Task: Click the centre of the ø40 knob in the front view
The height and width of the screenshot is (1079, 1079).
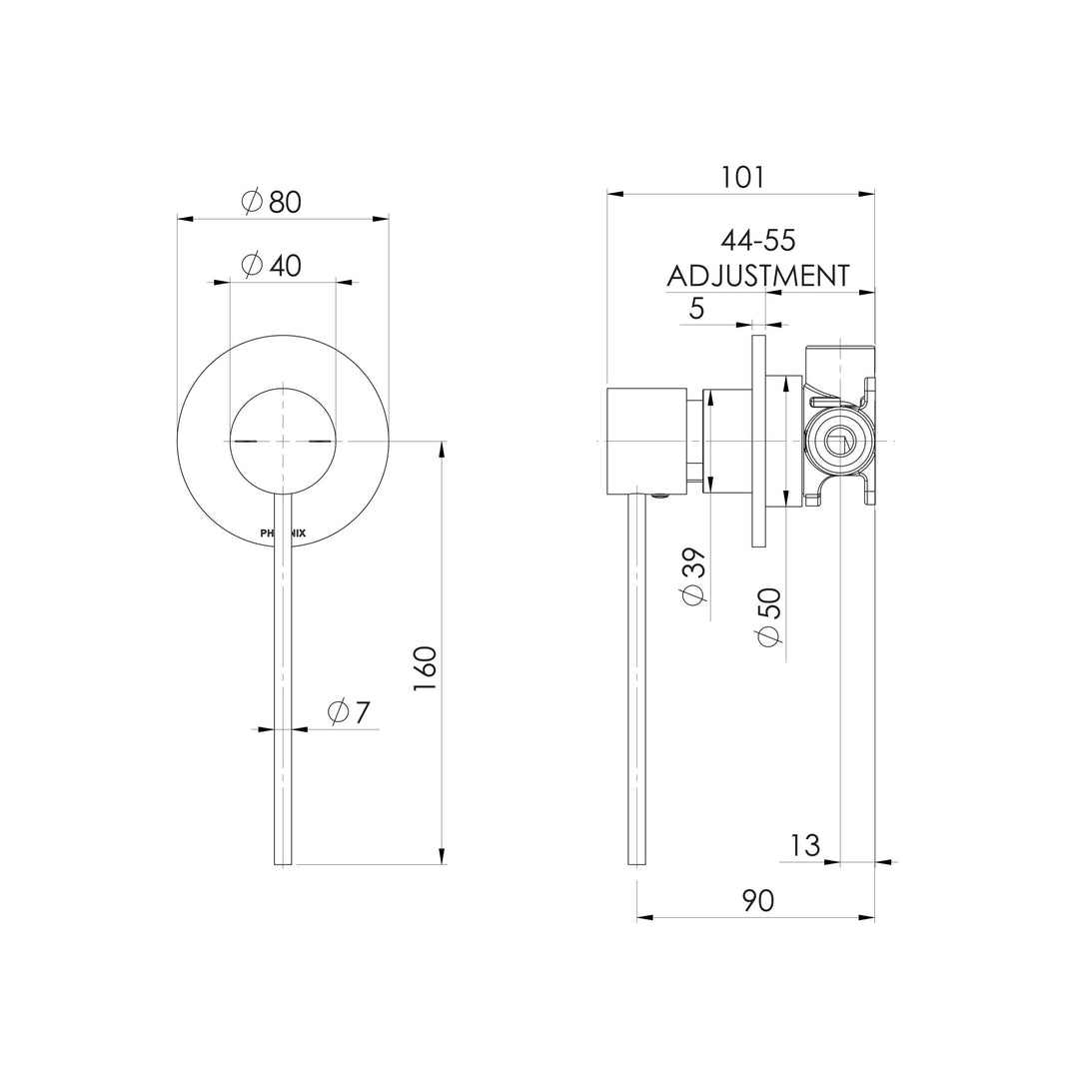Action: pyautogui.click(x=283, y=441)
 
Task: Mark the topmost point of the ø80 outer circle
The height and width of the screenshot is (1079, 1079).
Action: pyautogui.click(x=283, y=334)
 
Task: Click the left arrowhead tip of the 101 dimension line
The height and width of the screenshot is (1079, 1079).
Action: pyautogui.click(x=607, y=195)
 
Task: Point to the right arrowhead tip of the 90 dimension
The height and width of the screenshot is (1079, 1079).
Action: pyautogui.click(x=874, y=917)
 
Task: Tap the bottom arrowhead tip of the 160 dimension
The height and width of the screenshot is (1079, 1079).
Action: pyautogui.click(x=442, y=864)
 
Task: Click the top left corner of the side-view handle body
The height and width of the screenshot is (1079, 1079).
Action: pyautogui.click(x=607, y=388)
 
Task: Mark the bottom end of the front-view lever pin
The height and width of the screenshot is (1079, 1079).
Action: pyautogui.click(x=283, y=864)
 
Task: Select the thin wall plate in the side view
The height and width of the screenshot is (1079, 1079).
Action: pyautogui.click(x=759, y=442)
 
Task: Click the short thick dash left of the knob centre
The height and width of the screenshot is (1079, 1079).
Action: pyautogui.click(x=246, y=441)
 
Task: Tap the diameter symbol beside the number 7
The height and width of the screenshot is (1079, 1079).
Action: pyautogui.click(x=338, y=711)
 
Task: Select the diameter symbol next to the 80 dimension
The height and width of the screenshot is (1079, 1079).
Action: pyautogui.click(x=253, y=201)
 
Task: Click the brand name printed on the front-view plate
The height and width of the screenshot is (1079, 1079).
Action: pyautogui.click(x=283, y=533)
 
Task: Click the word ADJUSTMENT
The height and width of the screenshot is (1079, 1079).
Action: pyautogui.click(x=758, y=276)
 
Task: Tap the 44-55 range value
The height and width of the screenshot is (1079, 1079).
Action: pyautogui.click(x=758, y=240)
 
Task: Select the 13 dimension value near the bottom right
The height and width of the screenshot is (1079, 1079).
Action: pyautogui.click(x=805, y=845)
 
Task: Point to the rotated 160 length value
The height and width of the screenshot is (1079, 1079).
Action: pyautogui.click(x=425, y=669)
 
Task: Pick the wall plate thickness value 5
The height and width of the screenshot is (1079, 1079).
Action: pyautogui.click(x=696, y=309)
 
